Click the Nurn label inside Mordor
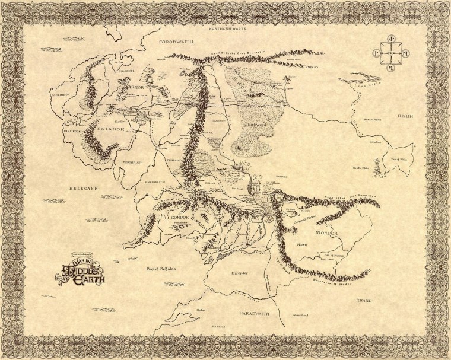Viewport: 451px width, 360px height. (x=301, y=243)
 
